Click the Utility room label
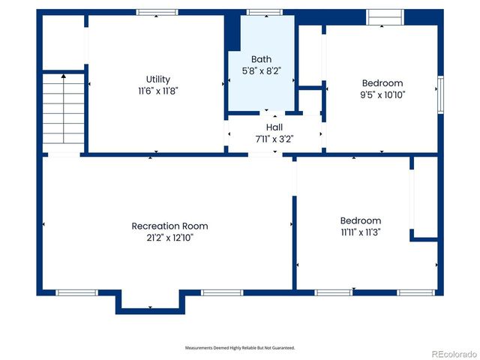pyautogui.click(x=157, y=79)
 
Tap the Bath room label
pyautogui.click(x=261, y=59)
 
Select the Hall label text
pyautogui.click(x=274, y=127)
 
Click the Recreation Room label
pyautogui.click(x=169, y=226)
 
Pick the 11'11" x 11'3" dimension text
pyautogui.click(x=361, y=232)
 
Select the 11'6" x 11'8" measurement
pyautogui.click(x=157, y=90)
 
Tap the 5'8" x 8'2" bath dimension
pyautogui.click(x=261, y=70)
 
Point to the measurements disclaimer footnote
pyautogui.click(x=240, y=348)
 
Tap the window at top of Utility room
pyautogui.click(x=157, y=12)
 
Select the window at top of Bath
pyautogui.click(x=259, y=12)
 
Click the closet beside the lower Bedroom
pyautogui.click(x=424, y=196)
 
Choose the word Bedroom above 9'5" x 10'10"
pyautogui.click(x=382, y=83)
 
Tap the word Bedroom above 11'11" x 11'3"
pyautogui.click(x=361, y=220)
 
